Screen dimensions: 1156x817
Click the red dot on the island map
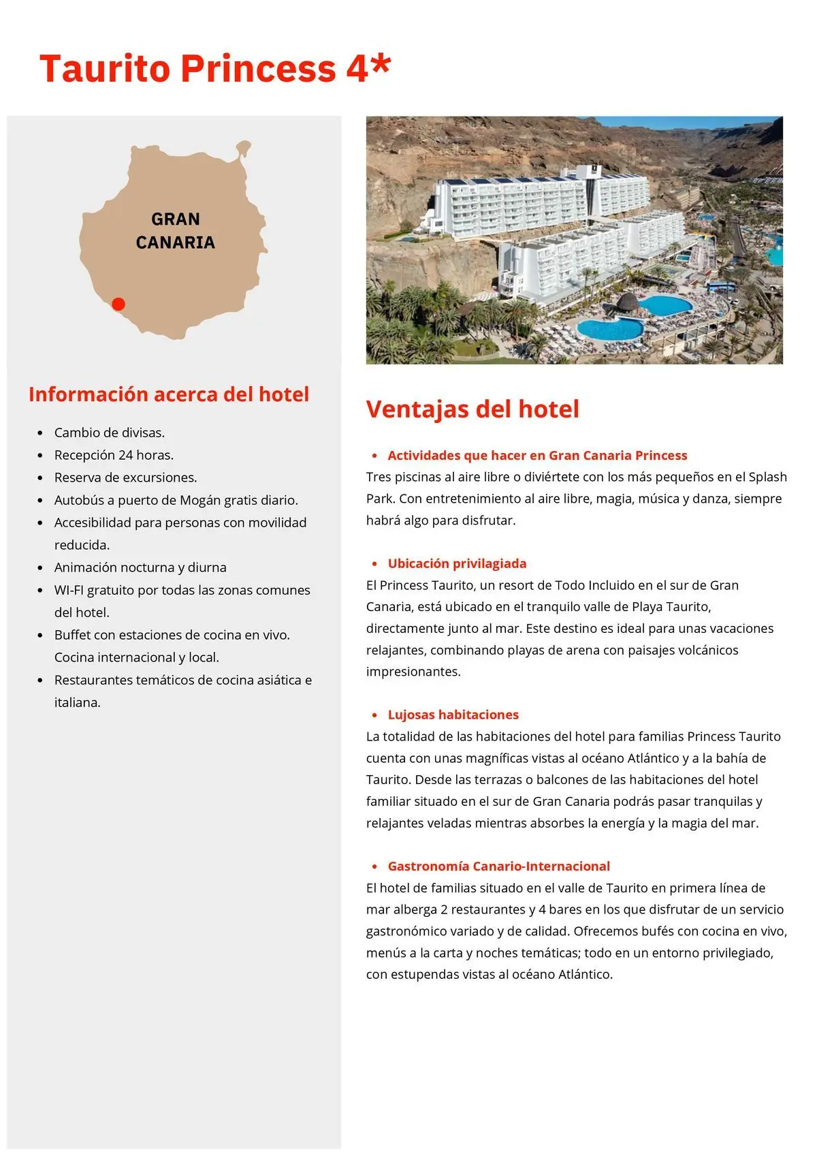click(x=118, y=304)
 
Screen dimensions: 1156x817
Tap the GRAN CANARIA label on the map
click(x=176, y=231)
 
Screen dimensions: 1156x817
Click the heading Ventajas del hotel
click(x=472, y=409)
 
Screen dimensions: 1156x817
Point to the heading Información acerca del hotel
click(x=169, y=394)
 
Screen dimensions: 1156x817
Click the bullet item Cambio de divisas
click(x=110, y=433)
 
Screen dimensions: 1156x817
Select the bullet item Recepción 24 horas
click(x=114, y=455)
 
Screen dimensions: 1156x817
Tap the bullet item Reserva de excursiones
click(x=125, y=478)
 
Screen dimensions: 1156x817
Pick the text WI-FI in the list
click(x=69, y=590)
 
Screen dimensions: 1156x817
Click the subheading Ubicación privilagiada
click(x=457, y=563)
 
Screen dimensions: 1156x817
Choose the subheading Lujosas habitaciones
click(x=453, y=715)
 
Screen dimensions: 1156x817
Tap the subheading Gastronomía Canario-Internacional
click(x=498, y=866)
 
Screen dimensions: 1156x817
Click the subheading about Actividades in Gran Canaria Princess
click(x=537, y=455)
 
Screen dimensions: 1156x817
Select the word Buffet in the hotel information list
click(x=72, y=635)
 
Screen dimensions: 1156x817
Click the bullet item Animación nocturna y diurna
click(x=140, y=567)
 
